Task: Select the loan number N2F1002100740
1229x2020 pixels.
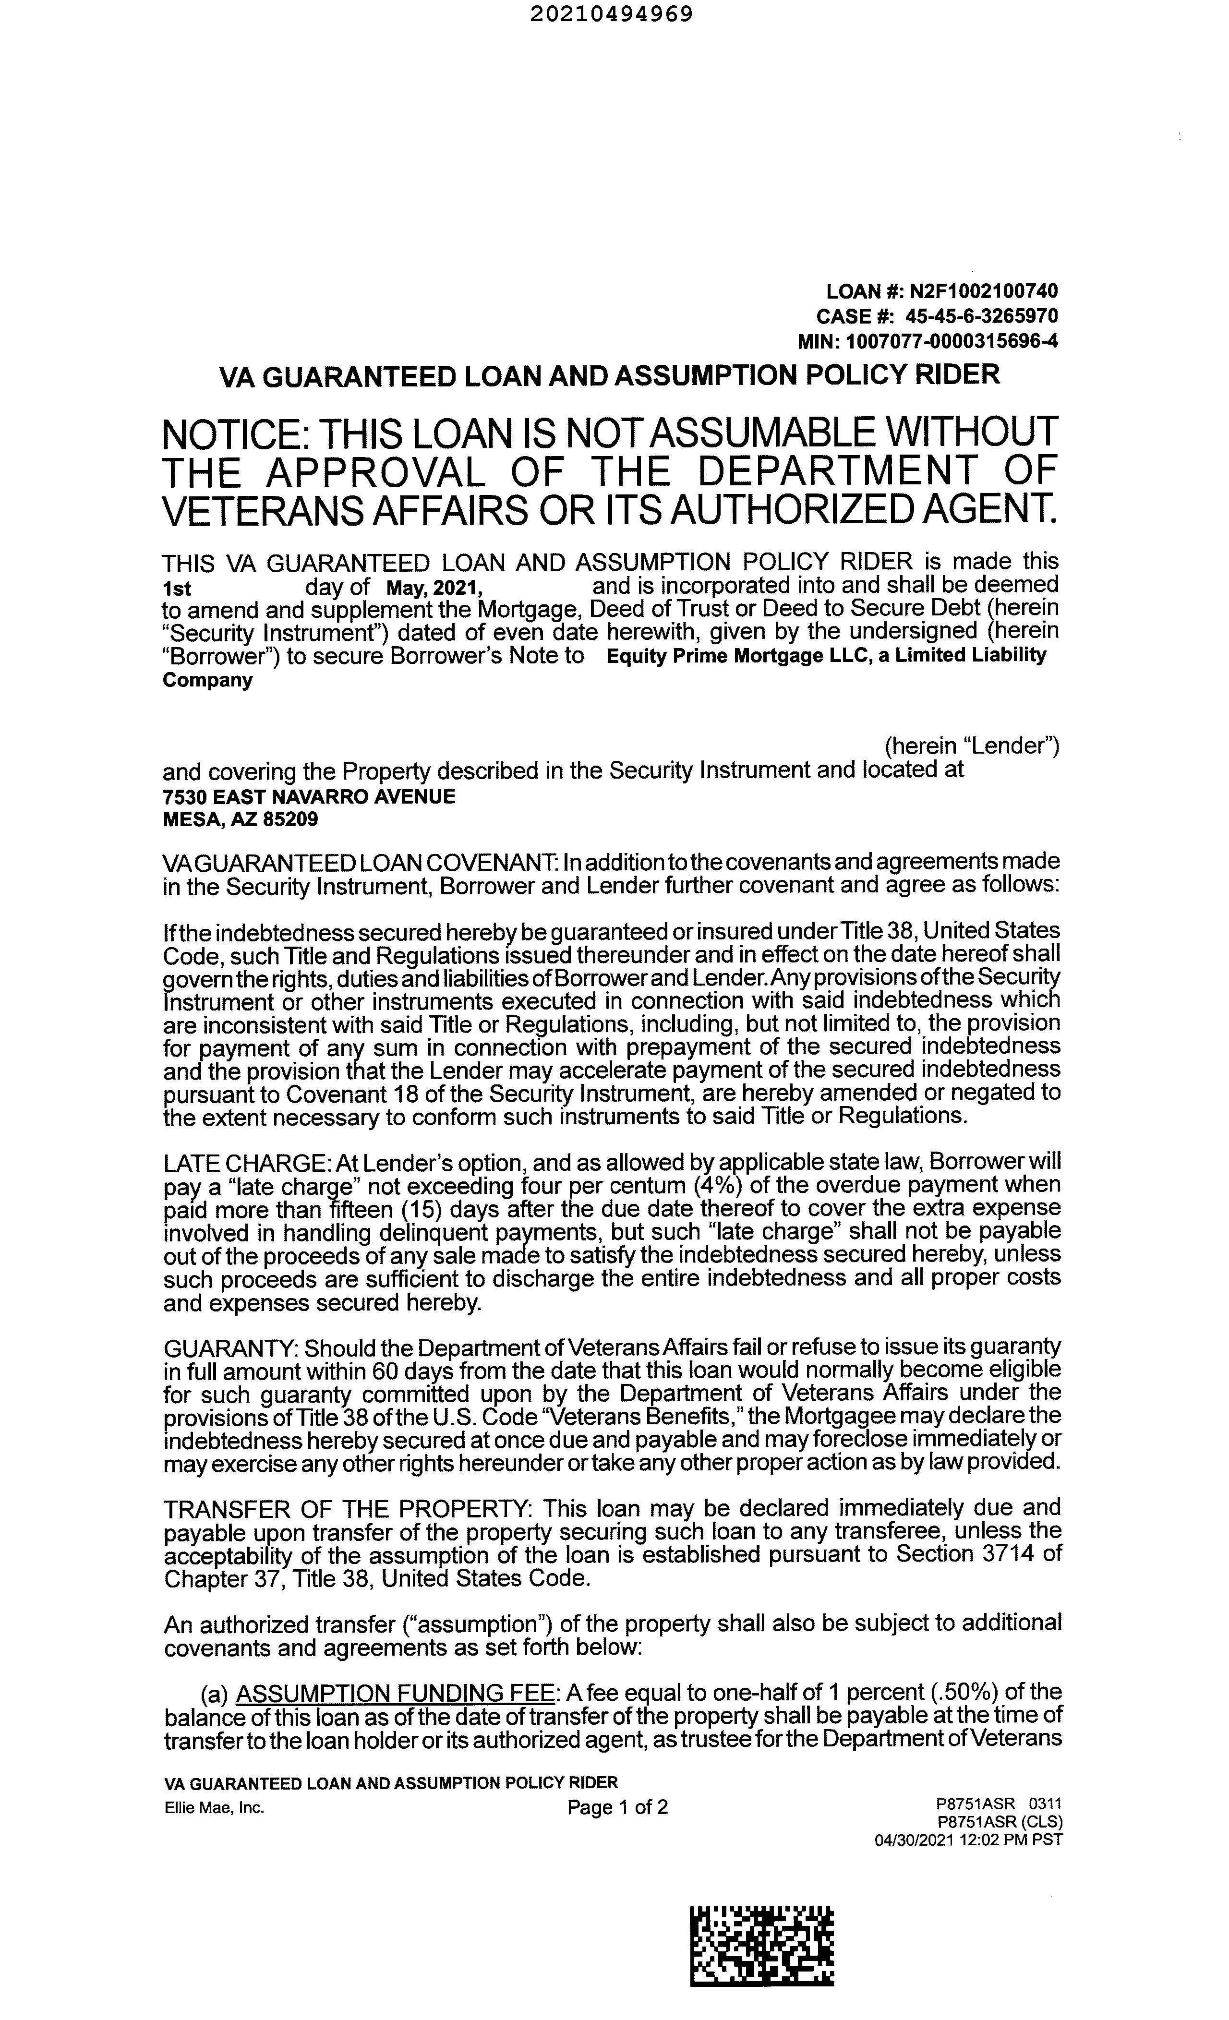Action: (980, 291)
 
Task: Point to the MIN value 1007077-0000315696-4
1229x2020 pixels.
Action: (951, 341)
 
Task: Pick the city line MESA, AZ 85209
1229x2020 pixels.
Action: (241, 819)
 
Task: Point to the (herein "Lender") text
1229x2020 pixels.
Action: (972, 746)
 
